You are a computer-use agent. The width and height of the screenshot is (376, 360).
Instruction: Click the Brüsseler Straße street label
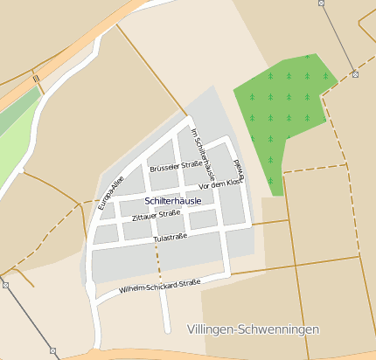click(177, 165)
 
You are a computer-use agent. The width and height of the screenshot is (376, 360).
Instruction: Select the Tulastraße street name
click(171, 237)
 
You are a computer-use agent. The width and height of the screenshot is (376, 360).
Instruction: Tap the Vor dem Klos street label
click(219, 184)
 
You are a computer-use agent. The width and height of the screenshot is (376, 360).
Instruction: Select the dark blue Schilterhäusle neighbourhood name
click(172, 201)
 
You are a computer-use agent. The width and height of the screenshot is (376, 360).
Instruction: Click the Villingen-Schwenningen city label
click(254, 329)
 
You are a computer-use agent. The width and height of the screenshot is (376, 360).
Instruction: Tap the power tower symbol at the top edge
click(321, 3)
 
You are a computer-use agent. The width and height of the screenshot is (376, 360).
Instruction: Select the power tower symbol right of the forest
click(355, 75)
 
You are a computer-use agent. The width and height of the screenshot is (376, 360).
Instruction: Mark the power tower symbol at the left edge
click(4, 285)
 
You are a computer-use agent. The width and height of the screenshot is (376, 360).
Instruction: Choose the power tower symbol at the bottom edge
click(53, 351)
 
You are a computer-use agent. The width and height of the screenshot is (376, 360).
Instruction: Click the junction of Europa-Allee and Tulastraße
click(91, 249)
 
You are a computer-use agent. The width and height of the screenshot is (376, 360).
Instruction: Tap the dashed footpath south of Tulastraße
click(158, 262)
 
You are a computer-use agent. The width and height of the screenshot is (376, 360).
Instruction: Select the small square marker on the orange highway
click(37, 80)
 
